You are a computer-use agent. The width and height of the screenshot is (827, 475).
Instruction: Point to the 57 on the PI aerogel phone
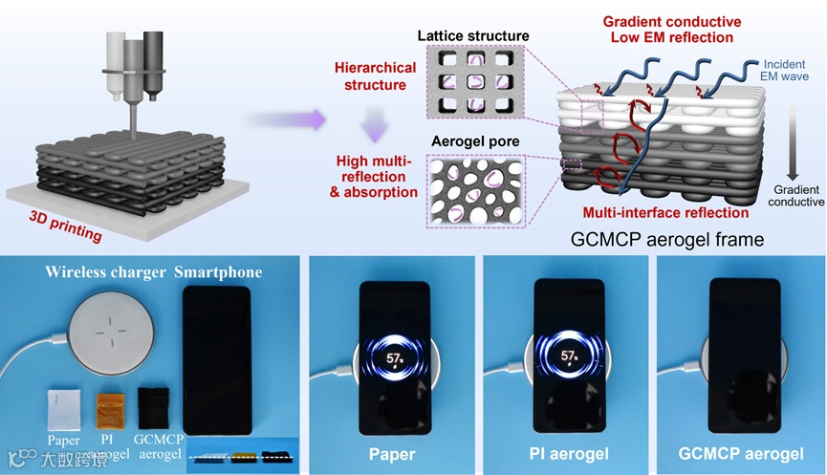[567, 357]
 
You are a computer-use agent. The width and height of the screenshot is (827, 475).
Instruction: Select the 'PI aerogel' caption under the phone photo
[567, 453]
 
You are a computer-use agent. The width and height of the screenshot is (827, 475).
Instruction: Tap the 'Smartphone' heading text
[218, 273]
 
